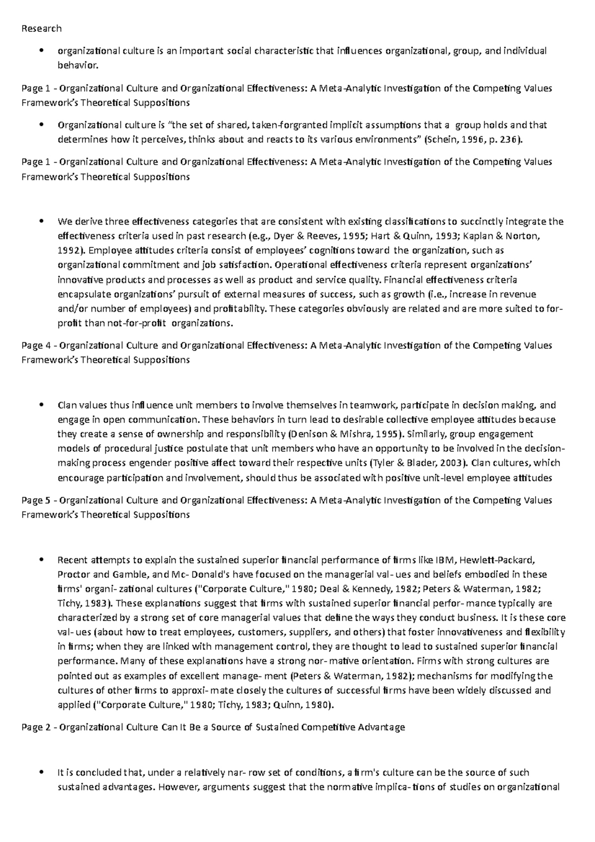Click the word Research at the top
tap(41, 28)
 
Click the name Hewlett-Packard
tap(497, 560)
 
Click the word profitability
tap(239, 309)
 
